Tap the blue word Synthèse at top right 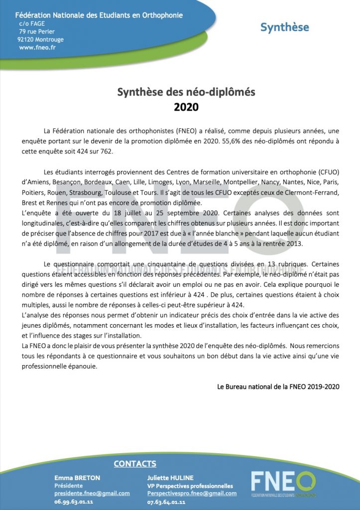pos(284,27)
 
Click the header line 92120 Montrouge pos(40,39)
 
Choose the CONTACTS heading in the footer pos(135,464)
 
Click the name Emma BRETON pos(77,478)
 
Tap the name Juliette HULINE pos(169,478)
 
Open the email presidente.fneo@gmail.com pos(92,493)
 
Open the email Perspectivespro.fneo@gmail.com pos(192,493)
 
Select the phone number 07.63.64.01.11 pos(167,502)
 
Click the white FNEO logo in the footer pos(282,483)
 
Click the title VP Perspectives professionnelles pos(190,486)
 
